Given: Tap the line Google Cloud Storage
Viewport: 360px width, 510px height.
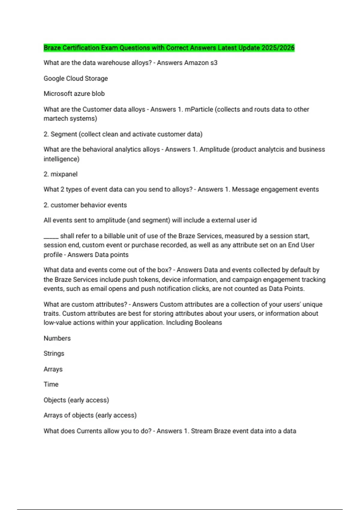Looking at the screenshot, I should click(76, 78).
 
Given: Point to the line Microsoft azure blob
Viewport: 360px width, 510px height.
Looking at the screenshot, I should click(74, 94).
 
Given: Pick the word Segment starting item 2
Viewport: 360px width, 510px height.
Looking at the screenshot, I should click(64, 134).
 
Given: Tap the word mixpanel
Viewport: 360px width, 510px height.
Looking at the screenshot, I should click(64, 174).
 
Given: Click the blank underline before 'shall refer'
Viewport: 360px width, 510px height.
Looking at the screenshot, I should click(51, 236).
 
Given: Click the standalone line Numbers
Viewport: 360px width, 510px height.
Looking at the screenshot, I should click(57, 338).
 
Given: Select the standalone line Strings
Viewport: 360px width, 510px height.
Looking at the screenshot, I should click(54, 353).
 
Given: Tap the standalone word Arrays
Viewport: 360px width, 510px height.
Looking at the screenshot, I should click(53, 369).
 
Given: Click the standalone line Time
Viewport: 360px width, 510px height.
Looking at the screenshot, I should click(51, 384).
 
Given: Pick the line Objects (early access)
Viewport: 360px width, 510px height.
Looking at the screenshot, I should click(76, 400).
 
